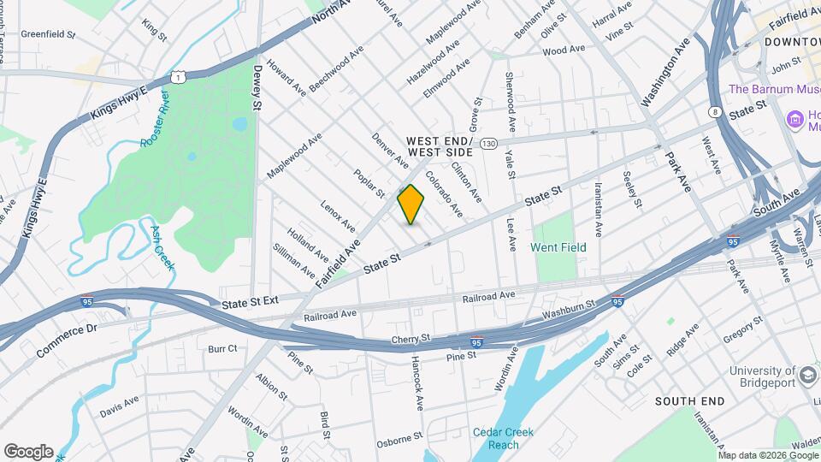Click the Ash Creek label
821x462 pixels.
(162, 248)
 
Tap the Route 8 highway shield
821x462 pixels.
(714, 111)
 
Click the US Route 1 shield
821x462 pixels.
(177, 78)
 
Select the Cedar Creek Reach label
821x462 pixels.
(505, 438)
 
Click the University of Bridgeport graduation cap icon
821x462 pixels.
(807, 376)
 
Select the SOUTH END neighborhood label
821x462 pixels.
(689, 400)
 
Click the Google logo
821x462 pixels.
(28, 452)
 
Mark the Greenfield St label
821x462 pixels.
(49, 35)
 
